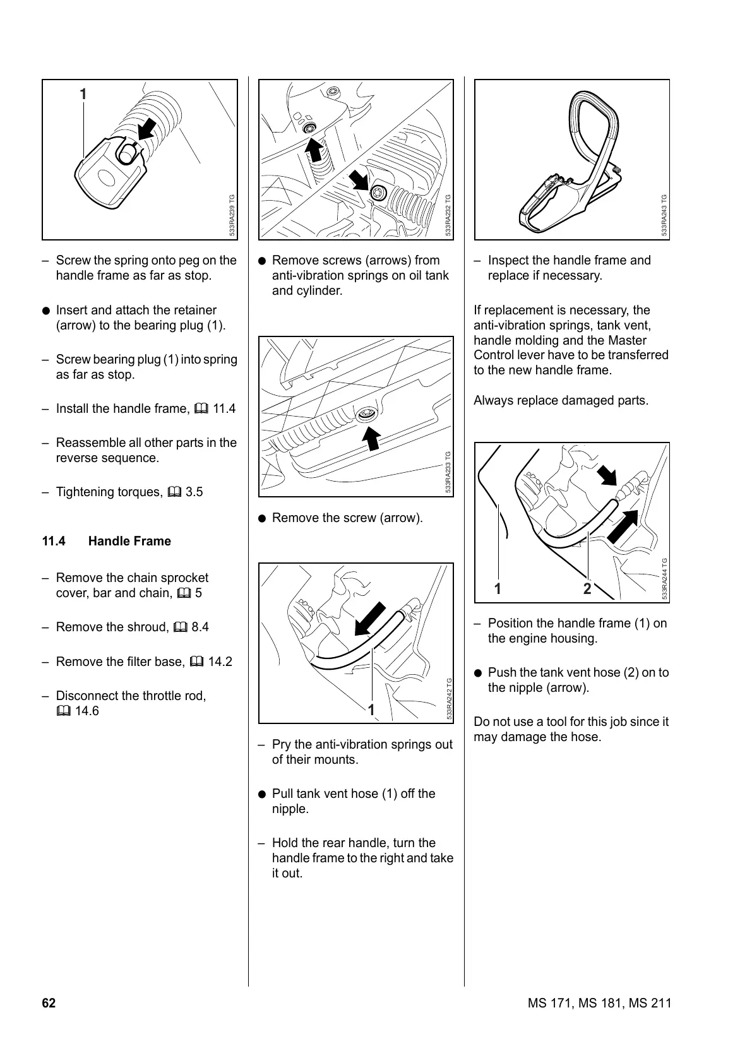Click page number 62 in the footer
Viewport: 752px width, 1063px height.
pos(49,1004)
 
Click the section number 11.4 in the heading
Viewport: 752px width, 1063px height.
pos(54,542)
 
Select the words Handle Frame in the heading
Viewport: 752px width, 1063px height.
pos(129,542)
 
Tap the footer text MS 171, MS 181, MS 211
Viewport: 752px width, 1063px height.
pos(599,1004)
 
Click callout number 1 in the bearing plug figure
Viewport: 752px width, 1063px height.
pos(83,95)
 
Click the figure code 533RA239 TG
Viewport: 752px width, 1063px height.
pos(232,215)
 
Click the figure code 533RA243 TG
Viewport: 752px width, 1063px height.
pos(664,215)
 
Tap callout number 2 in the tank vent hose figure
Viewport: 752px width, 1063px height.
pos(588,589)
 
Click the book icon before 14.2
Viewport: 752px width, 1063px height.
pos(196,662)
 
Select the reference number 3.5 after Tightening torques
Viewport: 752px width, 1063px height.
pos(194,492)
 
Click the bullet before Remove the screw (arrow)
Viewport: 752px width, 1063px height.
pos(263,519)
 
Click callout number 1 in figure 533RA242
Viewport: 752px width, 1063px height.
pos(372,710)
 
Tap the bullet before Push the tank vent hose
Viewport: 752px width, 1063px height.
pos(479,674)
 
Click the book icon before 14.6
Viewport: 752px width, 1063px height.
pos(63,711)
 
